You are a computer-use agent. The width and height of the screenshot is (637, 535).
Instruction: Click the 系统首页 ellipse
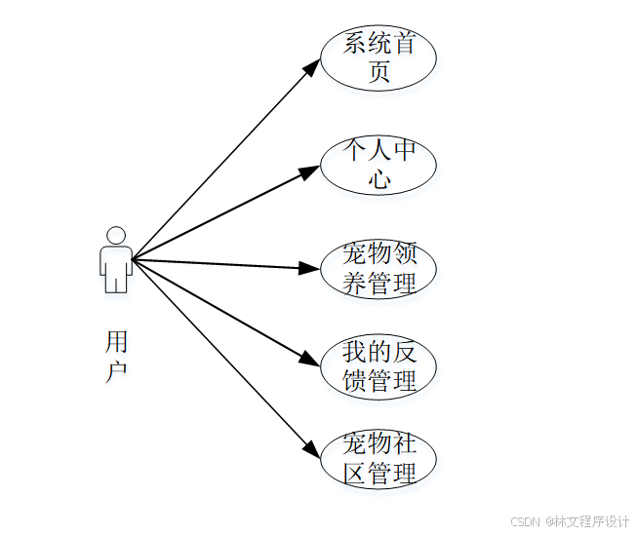[x=378, y=58]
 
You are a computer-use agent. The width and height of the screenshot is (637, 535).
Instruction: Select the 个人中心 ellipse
[x=378, y=165]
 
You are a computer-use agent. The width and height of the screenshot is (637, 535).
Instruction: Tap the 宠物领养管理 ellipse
[x=378, y=269]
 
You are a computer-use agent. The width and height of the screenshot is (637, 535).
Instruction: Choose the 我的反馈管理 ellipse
[x=378, y=365]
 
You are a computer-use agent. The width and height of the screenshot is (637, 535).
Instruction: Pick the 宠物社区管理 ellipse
[x=378, y=459]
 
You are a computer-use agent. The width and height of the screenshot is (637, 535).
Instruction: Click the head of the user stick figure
[x=116, y=235]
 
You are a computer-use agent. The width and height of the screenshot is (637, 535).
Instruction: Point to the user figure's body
[x=116, y=268]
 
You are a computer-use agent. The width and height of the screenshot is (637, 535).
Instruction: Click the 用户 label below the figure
[x=116, y=356]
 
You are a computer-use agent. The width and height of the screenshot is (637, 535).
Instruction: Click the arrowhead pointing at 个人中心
[x=309, y=172]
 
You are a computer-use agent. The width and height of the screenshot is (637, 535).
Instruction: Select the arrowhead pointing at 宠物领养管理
[x=310, y=267]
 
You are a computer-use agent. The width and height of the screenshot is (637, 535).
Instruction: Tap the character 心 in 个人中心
[x=379, y=178]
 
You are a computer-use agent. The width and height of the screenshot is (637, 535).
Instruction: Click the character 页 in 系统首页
[x=379, y=72]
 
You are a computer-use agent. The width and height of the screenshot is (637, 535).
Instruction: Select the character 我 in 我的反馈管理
[x=354, y=352]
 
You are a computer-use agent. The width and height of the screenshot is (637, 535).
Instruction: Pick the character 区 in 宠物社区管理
[x=354, y=474]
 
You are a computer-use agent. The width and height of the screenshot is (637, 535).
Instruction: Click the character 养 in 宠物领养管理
[x=354, y=283]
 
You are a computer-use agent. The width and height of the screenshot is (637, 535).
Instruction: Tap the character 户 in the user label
[x=116, y=370]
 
